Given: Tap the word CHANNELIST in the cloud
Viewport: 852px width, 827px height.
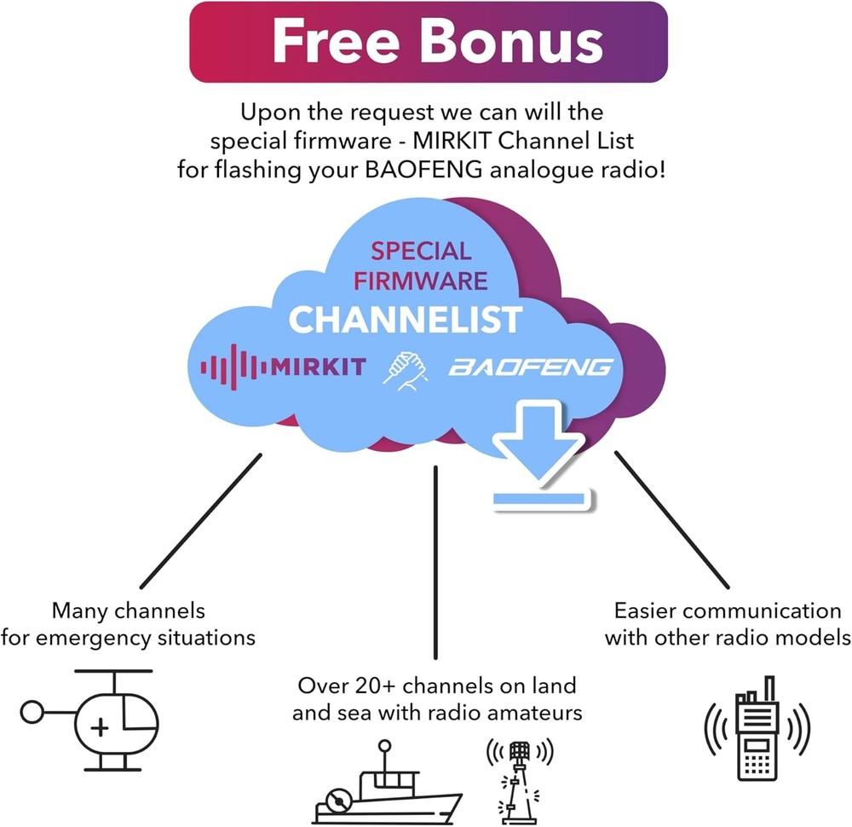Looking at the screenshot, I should pos(405,319).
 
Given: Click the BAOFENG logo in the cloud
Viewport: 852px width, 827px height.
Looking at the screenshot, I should pos(530,367).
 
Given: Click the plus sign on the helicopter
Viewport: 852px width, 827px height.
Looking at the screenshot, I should pos(101,727).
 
